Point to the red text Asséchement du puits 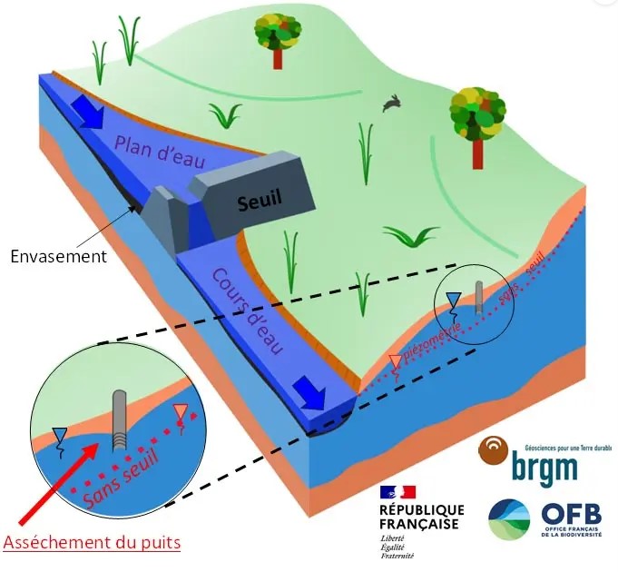pos(92,543)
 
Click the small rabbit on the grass pos(392,104)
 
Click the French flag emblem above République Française pos(397,495)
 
